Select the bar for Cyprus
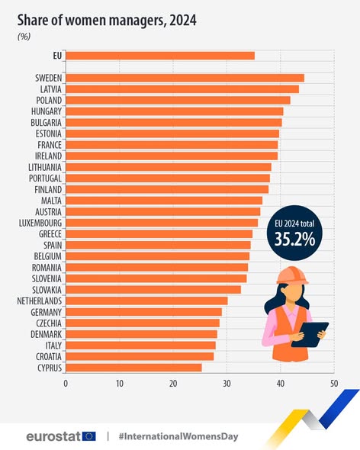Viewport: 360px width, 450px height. [133, 367]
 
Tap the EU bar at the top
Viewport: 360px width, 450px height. [160, 55]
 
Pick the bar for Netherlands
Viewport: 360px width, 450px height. [146, 301]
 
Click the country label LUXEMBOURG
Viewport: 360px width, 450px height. [40, 223]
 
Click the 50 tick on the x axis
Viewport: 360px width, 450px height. [333, 383]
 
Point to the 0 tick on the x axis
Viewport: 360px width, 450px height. [66, 383]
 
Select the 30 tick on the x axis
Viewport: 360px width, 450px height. [227, 383]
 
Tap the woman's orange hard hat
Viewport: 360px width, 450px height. [291, 274]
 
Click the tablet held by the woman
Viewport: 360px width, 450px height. [309, 334]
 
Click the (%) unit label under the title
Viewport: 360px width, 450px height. [24, 36]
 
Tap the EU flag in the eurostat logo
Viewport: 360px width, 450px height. [89, 436]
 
